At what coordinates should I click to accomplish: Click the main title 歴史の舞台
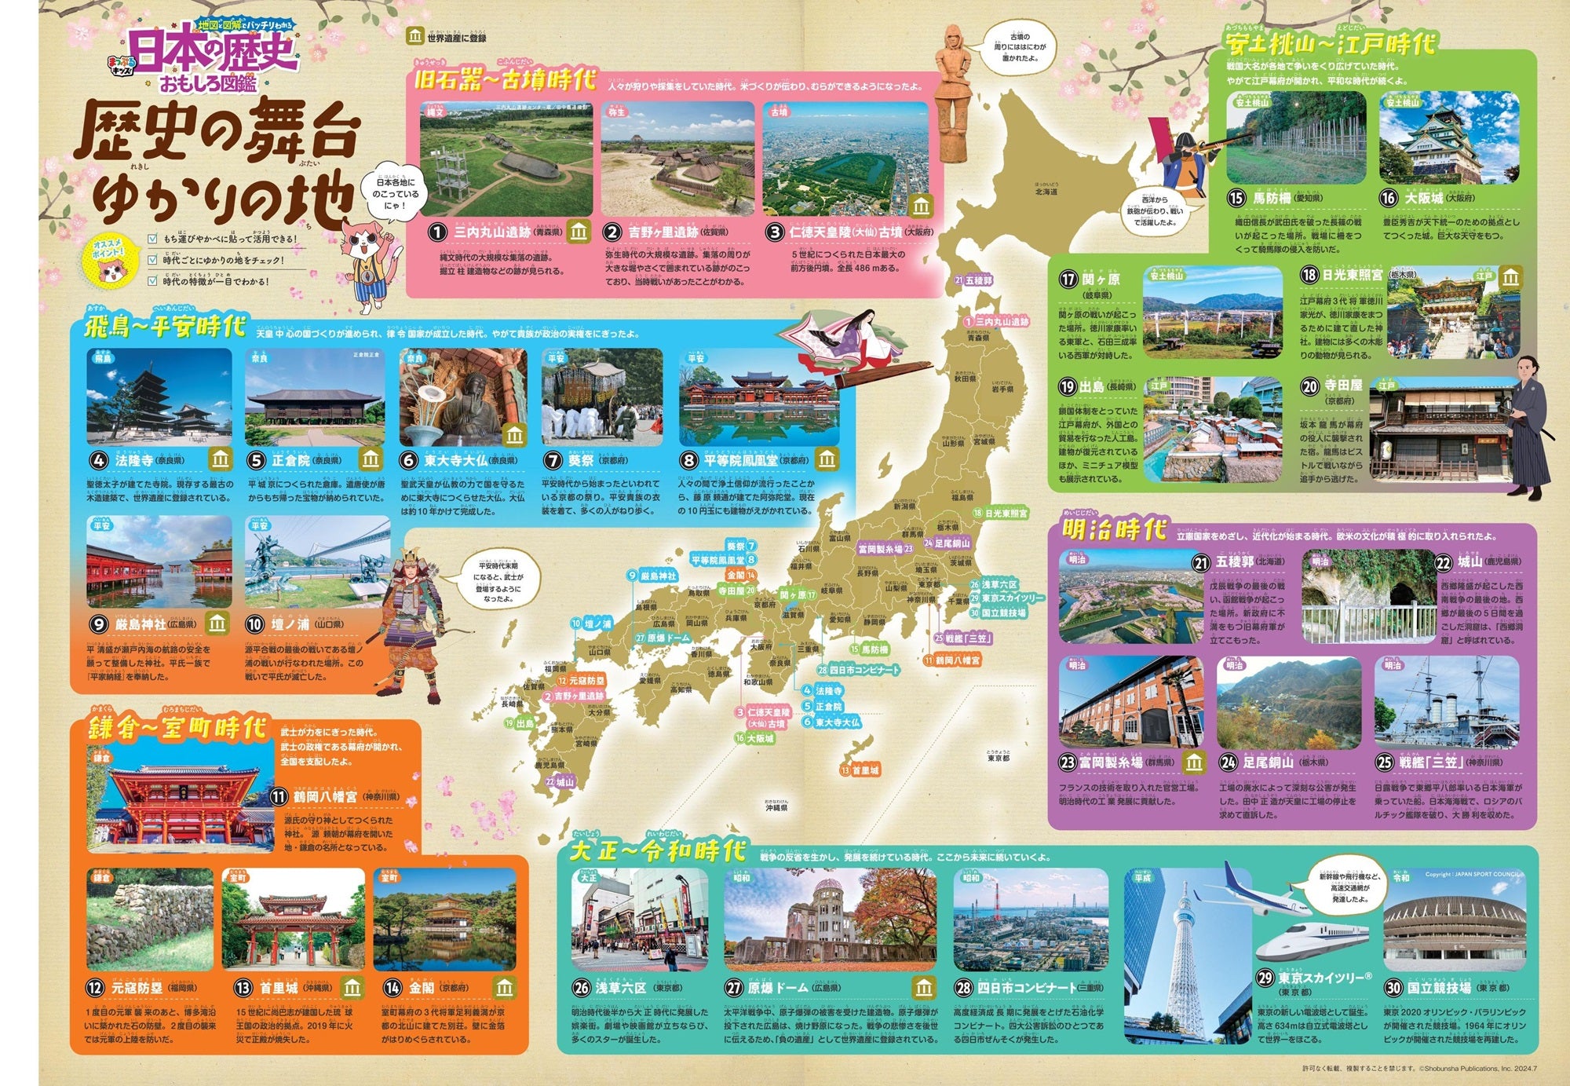pyautogui.click(x=218, y=133)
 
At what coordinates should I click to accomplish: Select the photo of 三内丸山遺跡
pyautogui.click(x=506, y=159)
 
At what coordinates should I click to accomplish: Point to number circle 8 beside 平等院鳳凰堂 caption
pyautogui.click(x=688, y=460)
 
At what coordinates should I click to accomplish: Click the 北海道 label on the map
pyautogui.click(x=1046, y=191)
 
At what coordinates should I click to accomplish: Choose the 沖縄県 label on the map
pyautogui.click(x=776, y=807)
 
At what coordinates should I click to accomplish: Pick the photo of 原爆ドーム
pyautogui.click(x=830, y=919)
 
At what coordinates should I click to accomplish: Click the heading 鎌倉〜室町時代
pyautogui.click(x=177, y=729)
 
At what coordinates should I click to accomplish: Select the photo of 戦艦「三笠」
pyautogui.click(x=1446, y=703)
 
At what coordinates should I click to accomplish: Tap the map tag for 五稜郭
pyautogui.click(x=974, y=280)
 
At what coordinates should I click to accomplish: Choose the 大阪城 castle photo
pyautogui.click(x=1449, y=139)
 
